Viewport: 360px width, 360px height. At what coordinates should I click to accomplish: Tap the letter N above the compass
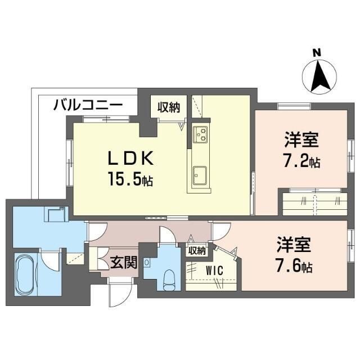pos(317,53)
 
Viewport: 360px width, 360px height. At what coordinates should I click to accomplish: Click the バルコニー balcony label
pos(89,105)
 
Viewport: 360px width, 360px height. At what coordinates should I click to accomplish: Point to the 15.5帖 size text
pos(130,181)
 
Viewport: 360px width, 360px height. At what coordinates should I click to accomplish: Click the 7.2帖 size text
pos(301,162)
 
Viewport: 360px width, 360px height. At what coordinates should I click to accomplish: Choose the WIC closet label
pos(214,271)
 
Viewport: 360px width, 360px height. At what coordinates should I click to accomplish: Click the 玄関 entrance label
pos(124,263)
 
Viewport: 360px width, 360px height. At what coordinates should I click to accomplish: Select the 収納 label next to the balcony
pos(168,106)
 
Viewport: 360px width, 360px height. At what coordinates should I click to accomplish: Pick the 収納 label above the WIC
pos(196,250)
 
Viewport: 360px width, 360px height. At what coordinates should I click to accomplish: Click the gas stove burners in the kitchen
pos(201,134)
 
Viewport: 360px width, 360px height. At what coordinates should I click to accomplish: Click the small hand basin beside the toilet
pos(147,262)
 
